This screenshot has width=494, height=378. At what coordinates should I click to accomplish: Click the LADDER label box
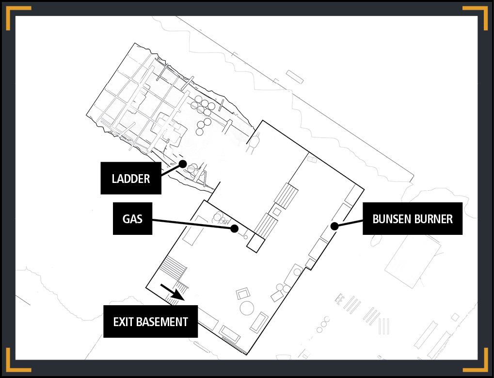tap(131, 178)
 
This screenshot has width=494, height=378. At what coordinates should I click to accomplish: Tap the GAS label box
tap(132, 218)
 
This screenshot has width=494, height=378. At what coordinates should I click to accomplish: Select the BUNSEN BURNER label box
tap(413, 218)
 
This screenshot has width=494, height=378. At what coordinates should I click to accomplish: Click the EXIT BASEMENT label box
tap(151, 321)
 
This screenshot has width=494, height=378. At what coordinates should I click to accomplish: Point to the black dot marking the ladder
tap(183, 164)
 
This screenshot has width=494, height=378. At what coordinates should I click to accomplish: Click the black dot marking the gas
tap(234, 229)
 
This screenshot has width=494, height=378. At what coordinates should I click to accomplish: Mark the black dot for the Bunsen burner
tap(335, 226)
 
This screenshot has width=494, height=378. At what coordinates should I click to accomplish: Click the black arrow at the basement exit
tap(172, 292)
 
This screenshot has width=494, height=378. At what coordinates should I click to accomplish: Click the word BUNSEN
tap(391, 219)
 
